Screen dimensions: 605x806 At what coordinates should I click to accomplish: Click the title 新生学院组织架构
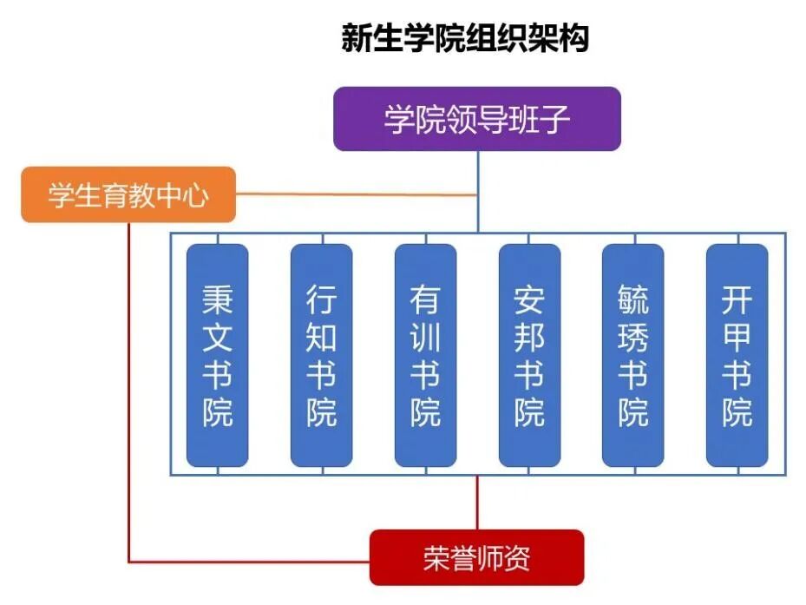coord(465,39)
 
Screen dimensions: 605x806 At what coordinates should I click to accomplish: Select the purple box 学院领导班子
coord(477,119)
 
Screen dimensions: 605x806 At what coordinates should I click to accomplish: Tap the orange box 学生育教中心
coord(128,195)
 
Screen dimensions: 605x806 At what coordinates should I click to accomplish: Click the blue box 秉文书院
coord(218,355)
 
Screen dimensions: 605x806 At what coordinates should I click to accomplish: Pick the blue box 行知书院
coord(321,355)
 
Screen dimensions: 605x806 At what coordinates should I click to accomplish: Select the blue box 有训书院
coord(425,355)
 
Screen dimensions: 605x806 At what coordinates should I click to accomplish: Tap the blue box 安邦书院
coord(529,355)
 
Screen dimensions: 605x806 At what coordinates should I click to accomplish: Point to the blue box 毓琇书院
coord(633,355)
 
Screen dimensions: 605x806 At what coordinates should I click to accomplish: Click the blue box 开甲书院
coord(737,355)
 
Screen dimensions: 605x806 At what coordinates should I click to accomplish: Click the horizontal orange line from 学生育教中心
coord(356,194)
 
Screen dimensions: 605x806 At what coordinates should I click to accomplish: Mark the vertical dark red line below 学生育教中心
coord(129,391)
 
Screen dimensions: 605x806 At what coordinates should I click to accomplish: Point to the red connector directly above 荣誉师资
coord(477,503)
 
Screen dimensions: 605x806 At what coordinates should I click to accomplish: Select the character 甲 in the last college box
coord(737,338)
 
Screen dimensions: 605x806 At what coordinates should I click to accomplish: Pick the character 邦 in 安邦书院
coord(529,338)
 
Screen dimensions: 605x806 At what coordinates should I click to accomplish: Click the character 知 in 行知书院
coord(321,338)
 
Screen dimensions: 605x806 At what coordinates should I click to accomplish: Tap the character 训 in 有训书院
coord(425,338)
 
